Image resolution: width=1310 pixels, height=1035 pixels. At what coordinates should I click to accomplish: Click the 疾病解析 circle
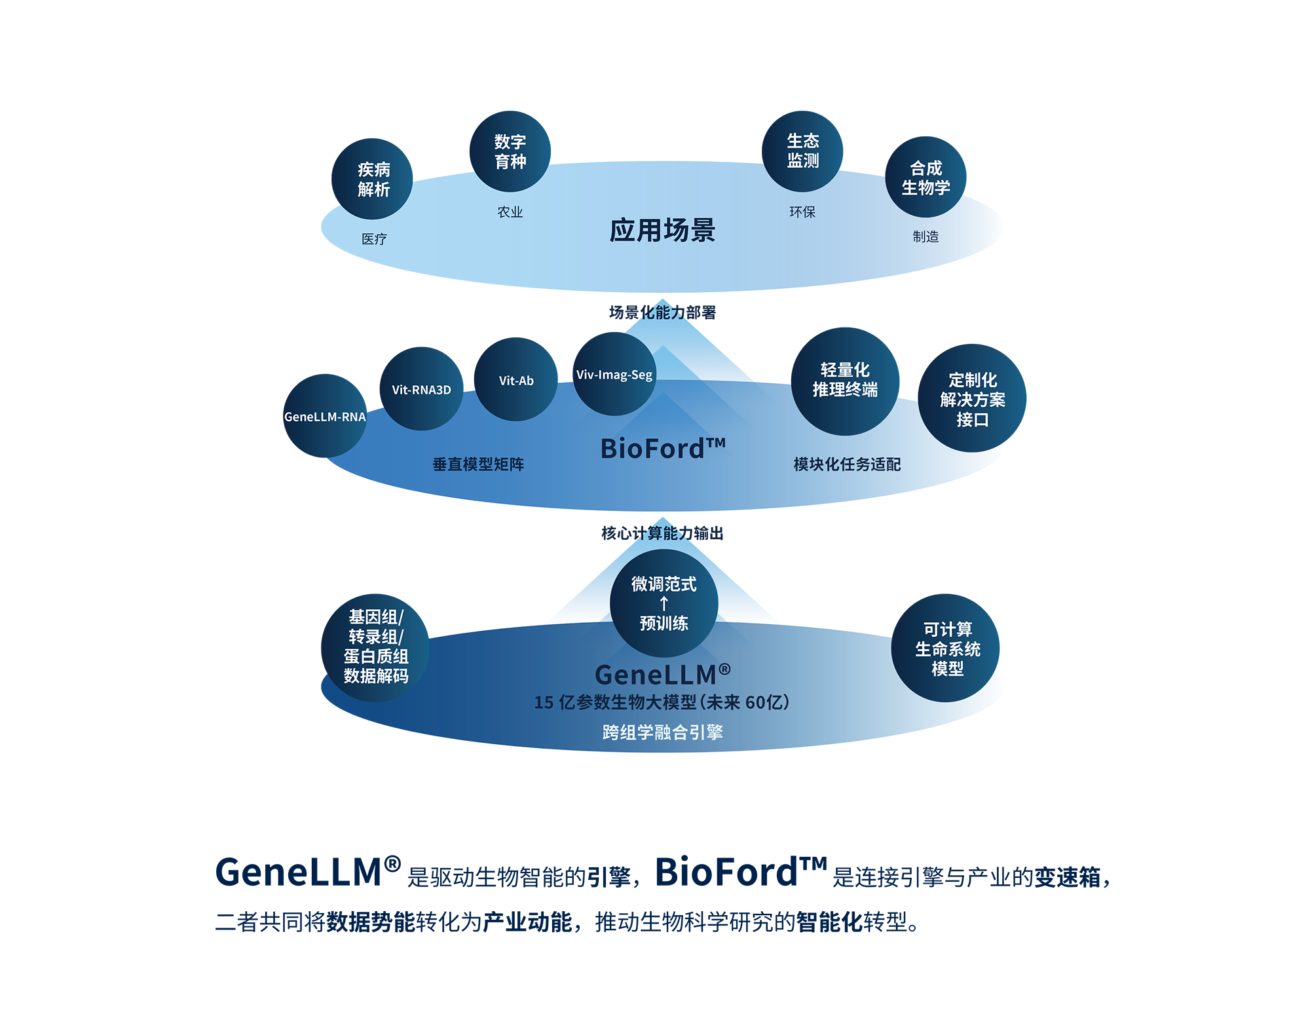[x=372, y=179]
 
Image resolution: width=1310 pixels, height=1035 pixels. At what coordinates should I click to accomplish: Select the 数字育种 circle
[x=510, y=151]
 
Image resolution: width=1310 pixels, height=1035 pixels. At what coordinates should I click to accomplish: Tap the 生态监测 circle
[x=802, y=151]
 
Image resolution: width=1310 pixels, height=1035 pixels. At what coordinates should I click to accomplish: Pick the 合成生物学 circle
[x=925, y=177]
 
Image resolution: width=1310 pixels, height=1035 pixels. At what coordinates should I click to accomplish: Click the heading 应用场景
[x=662, y=231]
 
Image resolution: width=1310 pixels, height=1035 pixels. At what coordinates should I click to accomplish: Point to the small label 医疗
[x=374, y=239]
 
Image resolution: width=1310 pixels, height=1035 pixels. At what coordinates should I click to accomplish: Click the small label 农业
[x=510, y=212]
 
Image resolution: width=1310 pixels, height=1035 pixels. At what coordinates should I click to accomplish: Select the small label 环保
[x=802, y=212]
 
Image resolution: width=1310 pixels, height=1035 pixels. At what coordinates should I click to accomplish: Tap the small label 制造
[x=926, y=236]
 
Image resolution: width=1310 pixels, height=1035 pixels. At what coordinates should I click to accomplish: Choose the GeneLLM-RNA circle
[x=325, y=417]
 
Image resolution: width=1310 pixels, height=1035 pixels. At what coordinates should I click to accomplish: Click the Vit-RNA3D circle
[x=421, y=389]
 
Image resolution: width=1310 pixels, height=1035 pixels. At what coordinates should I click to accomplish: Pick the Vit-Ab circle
[x=516, y=380]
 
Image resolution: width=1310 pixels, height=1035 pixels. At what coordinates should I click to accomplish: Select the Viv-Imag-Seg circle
[x=614, y=374]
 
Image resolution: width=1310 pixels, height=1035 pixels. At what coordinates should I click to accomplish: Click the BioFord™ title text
[x=662, y=449]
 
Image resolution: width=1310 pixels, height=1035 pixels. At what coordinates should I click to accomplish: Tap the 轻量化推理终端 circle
[x=844, y=381]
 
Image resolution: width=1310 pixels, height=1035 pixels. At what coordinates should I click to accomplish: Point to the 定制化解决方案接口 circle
[x=972, y=398]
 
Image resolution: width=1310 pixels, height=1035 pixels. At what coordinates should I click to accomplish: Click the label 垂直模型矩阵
[x=478, y=464]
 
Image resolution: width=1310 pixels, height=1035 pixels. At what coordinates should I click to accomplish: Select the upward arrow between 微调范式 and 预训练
[x=664, y=603]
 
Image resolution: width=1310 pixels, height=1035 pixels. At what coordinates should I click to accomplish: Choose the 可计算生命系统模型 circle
[x=946, y=649]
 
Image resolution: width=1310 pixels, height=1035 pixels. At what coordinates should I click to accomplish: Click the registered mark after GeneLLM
[x=724, y=669]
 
